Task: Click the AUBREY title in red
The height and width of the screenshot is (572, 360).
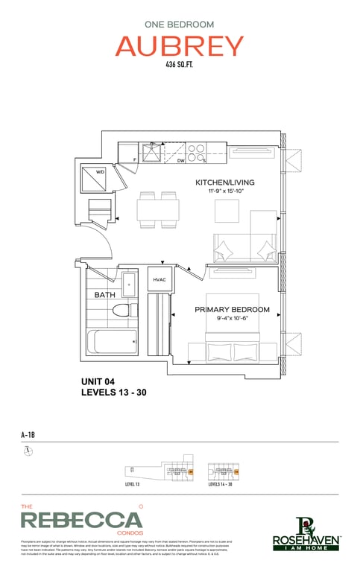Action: (180, 46)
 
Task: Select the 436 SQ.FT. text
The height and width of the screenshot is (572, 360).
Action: (180, 66)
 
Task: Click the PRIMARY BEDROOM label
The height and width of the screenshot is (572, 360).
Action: (232, 309)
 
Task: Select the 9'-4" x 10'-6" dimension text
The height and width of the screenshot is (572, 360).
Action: (232, 319)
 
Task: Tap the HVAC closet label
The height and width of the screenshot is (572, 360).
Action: (160, 279)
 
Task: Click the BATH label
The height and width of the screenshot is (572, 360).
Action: (104, 295)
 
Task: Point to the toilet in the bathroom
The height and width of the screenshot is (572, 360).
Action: (126, 310)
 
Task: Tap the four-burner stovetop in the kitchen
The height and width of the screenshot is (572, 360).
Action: (196, 153)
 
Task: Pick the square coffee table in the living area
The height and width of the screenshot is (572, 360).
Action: (227, 211)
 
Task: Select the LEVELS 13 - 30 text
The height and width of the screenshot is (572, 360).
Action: (124, 393)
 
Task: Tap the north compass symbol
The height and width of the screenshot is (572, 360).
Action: (28, 451)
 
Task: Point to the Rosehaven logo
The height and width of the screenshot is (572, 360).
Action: (307, 534)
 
